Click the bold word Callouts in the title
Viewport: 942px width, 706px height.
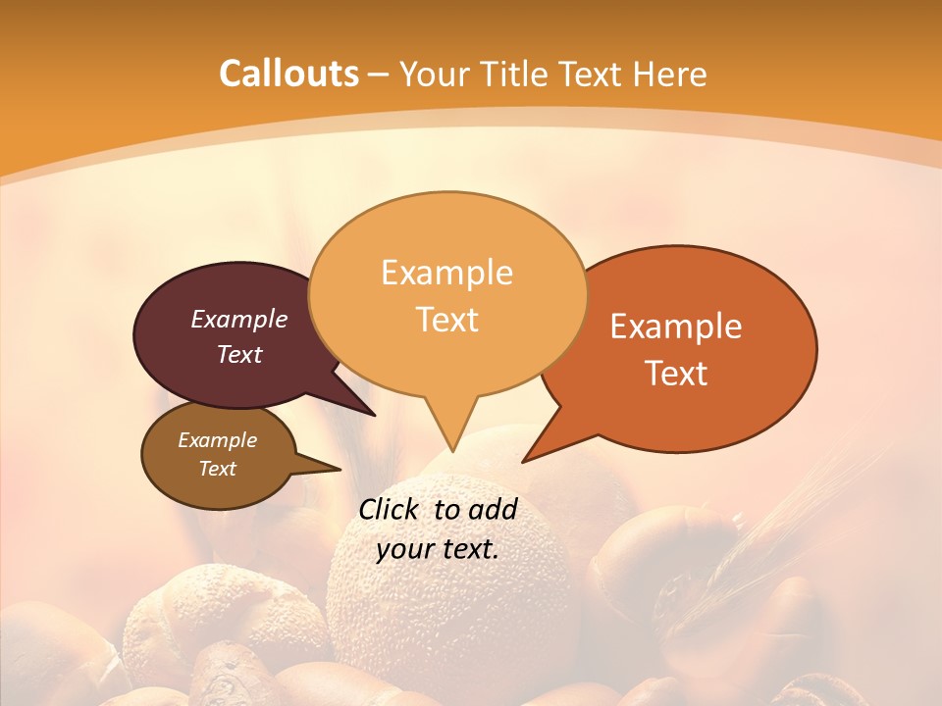(x=288, y=74)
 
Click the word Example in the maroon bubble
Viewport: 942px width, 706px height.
(x=239, y=319)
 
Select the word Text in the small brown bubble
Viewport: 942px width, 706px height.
(x=218, y=469)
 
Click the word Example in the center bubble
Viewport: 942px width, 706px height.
(x=446, y=273)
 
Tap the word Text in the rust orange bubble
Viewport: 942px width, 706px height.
(x=677, y=373)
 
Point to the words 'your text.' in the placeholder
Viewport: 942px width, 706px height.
(x=438, y=549)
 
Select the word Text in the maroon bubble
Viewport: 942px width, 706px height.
(x=239, y=354)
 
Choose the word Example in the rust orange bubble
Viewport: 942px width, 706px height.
(x=676, y=327)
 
